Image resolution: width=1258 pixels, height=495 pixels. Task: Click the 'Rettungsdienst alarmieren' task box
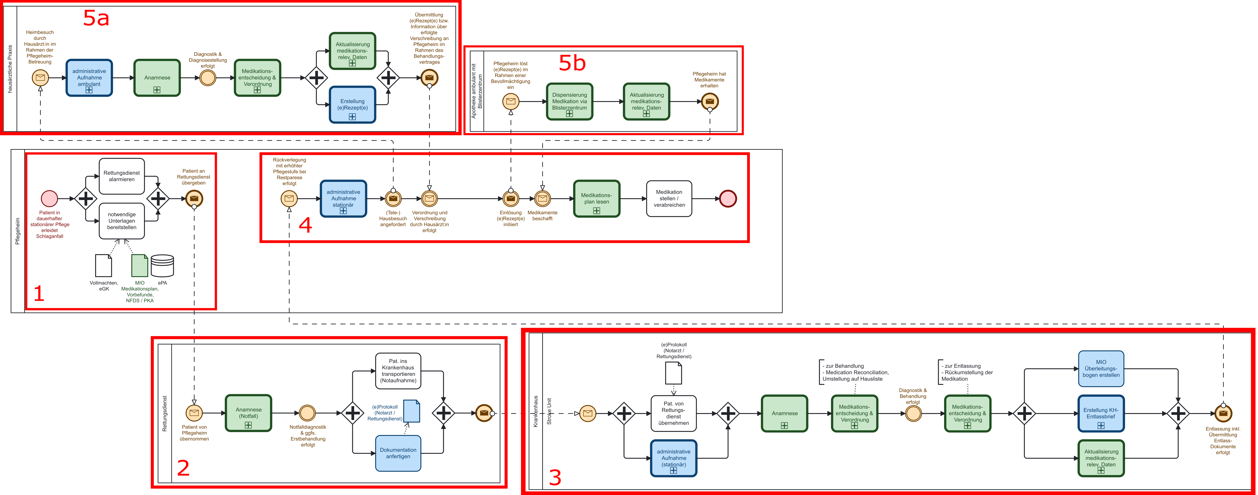pos(122,176)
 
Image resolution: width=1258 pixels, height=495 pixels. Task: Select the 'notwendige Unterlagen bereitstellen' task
pos(122,221)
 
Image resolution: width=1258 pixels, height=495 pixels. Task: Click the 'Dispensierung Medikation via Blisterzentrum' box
pos(569,101)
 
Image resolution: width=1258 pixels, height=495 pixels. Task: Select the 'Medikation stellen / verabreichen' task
pos(669,198)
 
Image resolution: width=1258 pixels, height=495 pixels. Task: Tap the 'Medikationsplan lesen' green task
pos(596,198)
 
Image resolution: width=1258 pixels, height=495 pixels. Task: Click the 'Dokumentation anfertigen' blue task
pos(398,453)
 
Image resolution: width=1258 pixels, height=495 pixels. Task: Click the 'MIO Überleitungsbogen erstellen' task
pos(1101,368)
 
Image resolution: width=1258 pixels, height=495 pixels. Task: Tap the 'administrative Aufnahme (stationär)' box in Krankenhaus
pos(673,458)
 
